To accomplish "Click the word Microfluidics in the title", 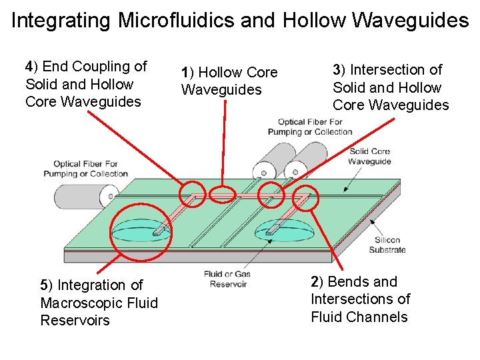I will click(x=174, y=21).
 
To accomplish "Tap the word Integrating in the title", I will click(x=61, y=21).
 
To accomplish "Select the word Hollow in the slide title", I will click(x=314, y=21).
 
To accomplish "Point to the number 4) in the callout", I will click(x=32, y=67).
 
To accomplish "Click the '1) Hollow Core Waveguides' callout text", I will click(x=229, y=81).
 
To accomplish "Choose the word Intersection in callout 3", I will click(x=396, y=70).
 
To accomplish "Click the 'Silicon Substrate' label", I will click(x=387, y=245).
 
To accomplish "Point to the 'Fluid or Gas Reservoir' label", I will click(x=228, y=279).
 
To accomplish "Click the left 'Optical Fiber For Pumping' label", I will click(x=85, y=169).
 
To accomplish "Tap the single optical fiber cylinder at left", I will click(x=84, y=196).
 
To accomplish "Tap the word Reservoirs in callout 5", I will click(x=75, y=321).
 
